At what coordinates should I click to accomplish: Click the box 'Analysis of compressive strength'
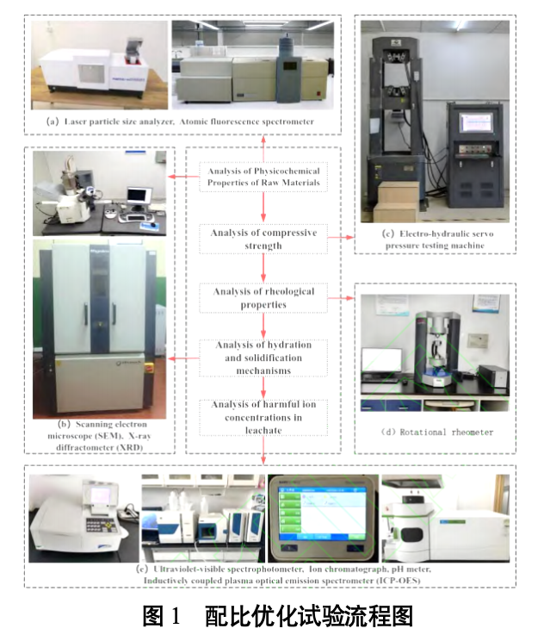coord(263,239)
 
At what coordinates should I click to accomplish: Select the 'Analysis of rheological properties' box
coord(263,298)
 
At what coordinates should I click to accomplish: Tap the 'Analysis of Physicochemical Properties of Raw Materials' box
coord(263,177)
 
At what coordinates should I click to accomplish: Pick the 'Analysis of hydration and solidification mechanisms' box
coord(263,358)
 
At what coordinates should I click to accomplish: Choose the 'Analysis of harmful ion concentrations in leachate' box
coord(263,416)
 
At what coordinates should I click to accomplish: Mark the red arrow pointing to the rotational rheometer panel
coord(343,298)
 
